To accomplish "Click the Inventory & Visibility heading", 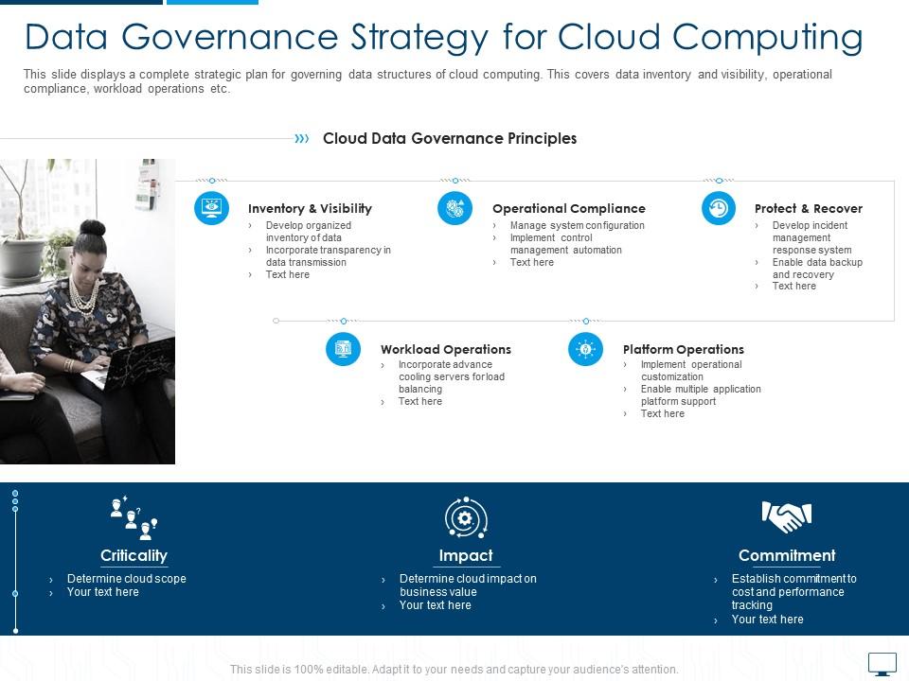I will tap(310, 209).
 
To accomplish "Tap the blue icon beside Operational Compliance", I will tap(454, 208).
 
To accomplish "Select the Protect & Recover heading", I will tap(808, 209).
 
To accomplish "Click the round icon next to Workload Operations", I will tap(343, 349).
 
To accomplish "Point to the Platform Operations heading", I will tap(683, 350).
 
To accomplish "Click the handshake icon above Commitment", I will tap(787, 516).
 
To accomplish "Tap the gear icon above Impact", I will tap(466, 517).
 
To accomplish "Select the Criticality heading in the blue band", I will tap(134, 556).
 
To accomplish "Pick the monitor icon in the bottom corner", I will tap(882, 664).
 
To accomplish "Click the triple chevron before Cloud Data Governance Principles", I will tap(302, 138).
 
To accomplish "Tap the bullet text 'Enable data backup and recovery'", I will tap(817, 269).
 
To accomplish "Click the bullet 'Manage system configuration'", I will tap(577, 226).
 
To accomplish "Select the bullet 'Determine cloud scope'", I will tap(126, 579).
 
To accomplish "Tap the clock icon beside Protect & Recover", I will tap(719, 208).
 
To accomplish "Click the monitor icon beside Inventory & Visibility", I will tap(211, 208).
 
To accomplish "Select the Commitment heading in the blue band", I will tap(787, 556).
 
